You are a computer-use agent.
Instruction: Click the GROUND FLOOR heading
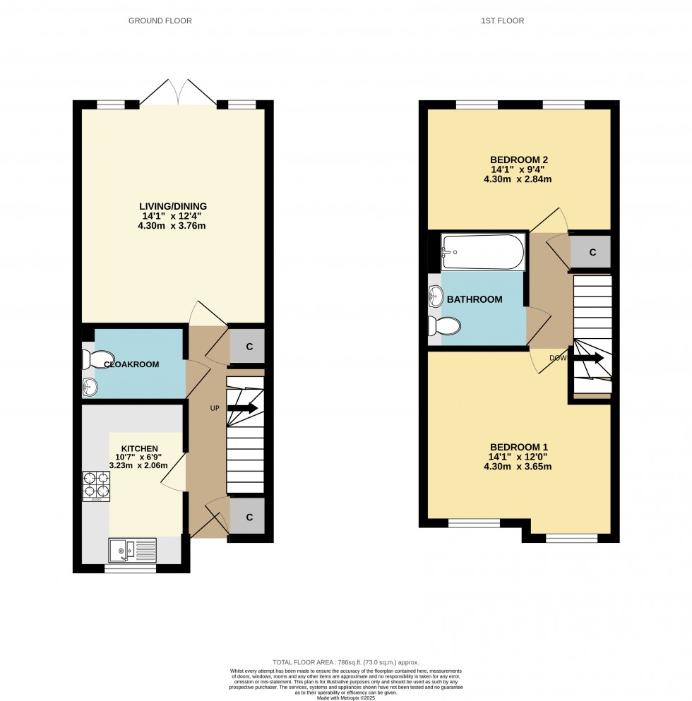pos(160,21)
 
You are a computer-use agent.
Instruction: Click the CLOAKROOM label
pos(131,364)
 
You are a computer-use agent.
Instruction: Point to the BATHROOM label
pos(475,299)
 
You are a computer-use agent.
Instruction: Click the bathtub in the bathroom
pos(483,253)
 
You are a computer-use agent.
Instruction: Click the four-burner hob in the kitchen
pos(97,486)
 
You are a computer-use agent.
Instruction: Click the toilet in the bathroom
pos(443,326)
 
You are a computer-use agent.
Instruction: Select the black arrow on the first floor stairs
pos(589,359)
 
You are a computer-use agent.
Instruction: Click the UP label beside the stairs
pos(215,409)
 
